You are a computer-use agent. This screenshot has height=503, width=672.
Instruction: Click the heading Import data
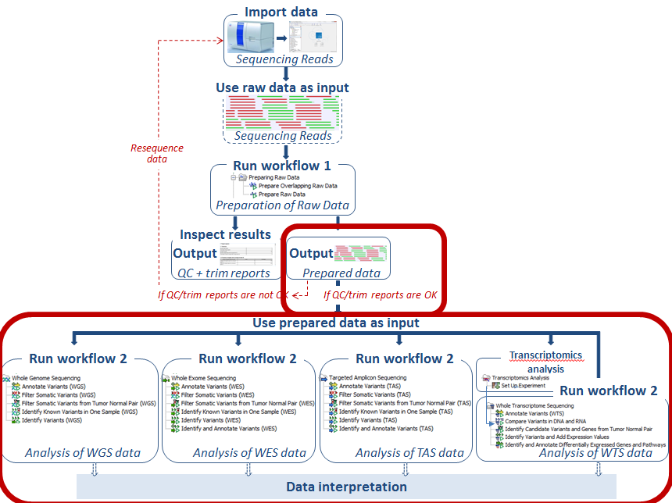coord(282,12)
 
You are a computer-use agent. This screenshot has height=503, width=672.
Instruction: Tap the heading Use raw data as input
coord(282,87)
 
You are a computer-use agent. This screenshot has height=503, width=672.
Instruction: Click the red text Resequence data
coord(157,152)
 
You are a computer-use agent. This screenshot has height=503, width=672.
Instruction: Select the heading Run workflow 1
coord(281,166)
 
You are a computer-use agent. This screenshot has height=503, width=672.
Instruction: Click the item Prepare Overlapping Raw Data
coord(298,186)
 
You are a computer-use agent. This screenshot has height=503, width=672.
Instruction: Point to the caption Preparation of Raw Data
coord(281,206)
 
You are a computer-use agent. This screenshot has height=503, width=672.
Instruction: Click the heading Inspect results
coord(225,234)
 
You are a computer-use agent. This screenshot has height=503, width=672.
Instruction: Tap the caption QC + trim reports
coord(224,273)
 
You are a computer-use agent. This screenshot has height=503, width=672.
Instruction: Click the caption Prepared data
coord(341,273)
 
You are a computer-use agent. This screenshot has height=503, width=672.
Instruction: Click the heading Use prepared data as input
coord(336,323)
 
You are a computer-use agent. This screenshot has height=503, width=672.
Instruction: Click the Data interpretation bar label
coord(346,487)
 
